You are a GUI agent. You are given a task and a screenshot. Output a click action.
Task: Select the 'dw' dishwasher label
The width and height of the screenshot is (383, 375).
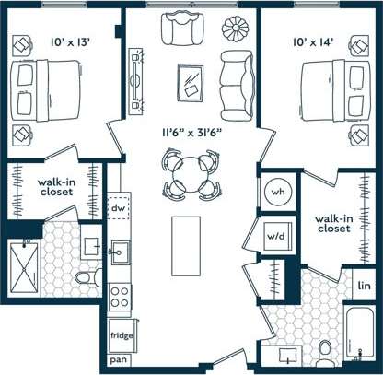117,207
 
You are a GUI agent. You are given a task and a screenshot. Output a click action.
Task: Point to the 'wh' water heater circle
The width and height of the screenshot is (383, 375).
277,193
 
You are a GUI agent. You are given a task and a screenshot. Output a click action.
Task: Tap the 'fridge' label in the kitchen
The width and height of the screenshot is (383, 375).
120,334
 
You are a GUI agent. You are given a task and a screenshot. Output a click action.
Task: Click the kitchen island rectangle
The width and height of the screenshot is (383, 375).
188,244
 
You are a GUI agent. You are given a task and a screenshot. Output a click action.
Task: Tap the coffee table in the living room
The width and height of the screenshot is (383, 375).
192,82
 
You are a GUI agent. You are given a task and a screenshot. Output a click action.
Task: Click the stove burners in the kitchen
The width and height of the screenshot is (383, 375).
120,296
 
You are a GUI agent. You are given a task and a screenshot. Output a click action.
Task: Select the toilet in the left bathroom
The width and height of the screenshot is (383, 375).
87,275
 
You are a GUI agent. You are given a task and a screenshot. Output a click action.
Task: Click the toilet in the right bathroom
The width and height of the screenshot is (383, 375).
323,354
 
